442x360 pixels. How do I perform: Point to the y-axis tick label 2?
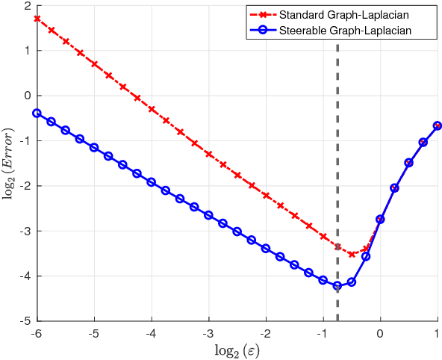(x=27, y=6)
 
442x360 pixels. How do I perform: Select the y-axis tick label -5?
(x=25, y=321)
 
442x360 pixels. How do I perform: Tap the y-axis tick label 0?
(x=27, y=96)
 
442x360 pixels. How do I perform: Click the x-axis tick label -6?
(x=37, y=333)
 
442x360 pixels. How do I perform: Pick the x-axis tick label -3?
(x=208, y=333)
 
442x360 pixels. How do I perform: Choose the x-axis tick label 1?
(x=438, y=333)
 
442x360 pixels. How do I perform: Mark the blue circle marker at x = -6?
(x=37, y=113)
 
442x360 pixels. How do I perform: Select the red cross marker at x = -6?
(x=37, y=19)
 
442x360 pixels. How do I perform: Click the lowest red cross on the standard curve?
(x=352, y=254)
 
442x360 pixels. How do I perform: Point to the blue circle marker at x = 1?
(x=438, y=125)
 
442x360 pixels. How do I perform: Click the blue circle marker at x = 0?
(x=380, y=220)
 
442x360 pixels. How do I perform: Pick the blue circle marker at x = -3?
(x=208, y=215)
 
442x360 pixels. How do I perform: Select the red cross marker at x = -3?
(x=208, y=155)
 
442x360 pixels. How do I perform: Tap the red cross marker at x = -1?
(x=323, y=236)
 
